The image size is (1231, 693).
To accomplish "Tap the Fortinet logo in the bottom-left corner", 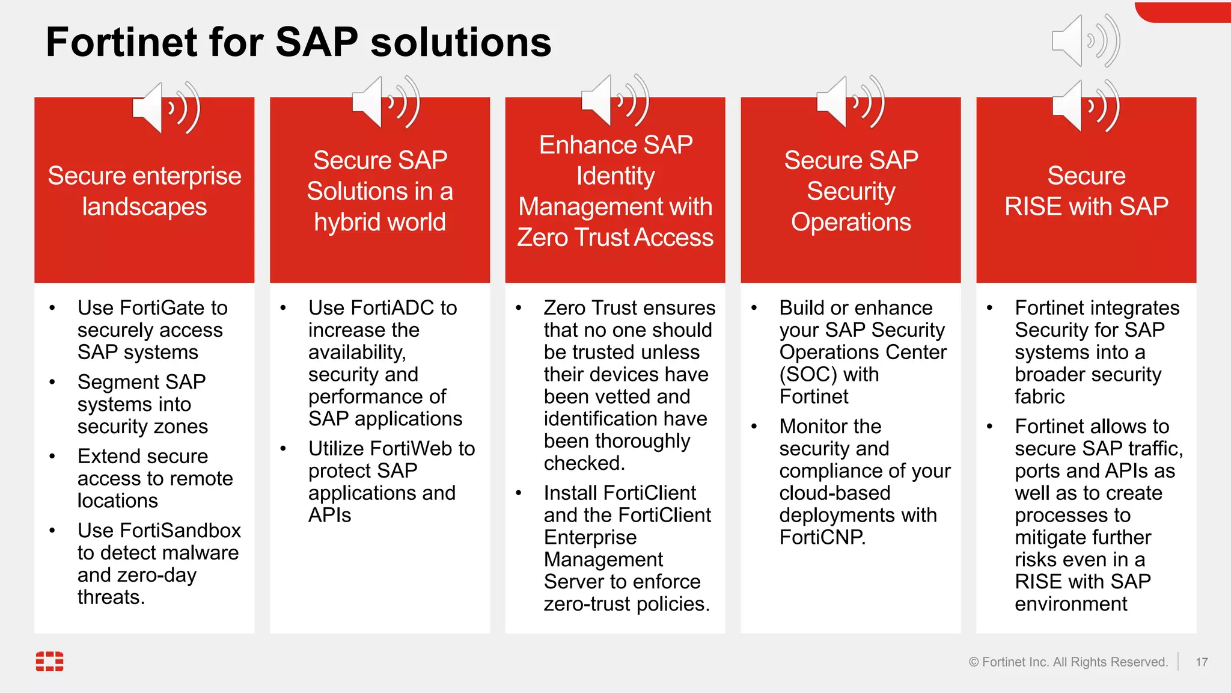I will [x=49, y=661].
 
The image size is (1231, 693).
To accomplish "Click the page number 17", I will [x=1201, y=662].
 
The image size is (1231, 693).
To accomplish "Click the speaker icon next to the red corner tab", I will [x=1084, y=41].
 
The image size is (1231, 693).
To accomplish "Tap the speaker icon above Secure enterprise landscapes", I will [x=165, y=108].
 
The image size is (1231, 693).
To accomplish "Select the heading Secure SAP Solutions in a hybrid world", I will [x=380, y=191].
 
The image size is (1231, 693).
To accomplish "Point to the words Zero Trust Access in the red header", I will [x=615, y=238].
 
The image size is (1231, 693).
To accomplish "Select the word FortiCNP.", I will [x=821, y=537].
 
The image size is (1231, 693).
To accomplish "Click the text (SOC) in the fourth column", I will [x=808, y=375].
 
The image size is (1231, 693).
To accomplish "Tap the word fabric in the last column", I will [x=1039, y=397].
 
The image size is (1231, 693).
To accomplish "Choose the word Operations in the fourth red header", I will [x=851, y=223].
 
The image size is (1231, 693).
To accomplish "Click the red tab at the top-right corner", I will [x=1184, y=11].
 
